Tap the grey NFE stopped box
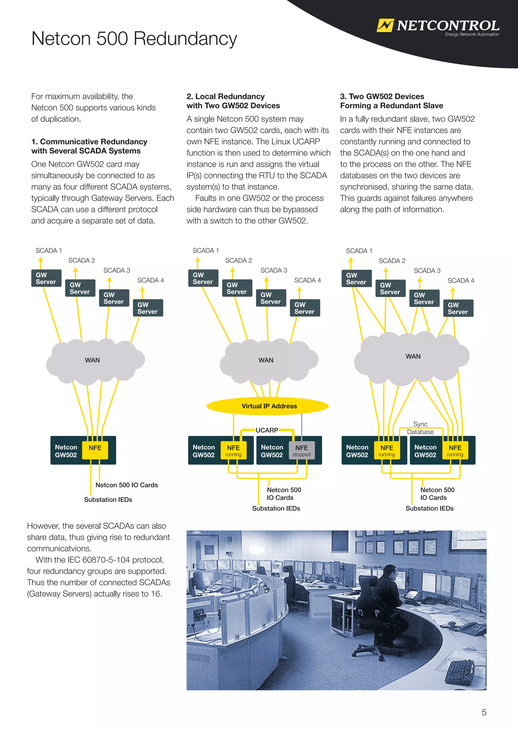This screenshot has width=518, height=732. pos(301,450)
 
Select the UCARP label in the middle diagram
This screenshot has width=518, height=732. pos(267,430)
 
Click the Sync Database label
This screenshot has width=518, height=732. pos(420,428)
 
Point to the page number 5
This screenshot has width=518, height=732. pos(484,712)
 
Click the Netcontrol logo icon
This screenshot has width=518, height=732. pos(385,26)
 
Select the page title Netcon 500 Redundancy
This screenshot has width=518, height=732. pos(134,39)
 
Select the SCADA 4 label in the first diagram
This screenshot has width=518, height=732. pos(150,280)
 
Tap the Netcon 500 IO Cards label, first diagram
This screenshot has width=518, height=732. pos(127,485)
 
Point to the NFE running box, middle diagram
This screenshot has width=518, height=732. pos(233,450)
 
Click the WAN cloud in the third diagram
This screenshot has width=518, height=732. pos(413,356)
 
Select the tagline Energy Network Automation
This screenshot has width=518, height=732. pos(472,34)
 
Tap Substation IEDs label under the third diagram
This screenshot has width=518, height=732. pos(429,508)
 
